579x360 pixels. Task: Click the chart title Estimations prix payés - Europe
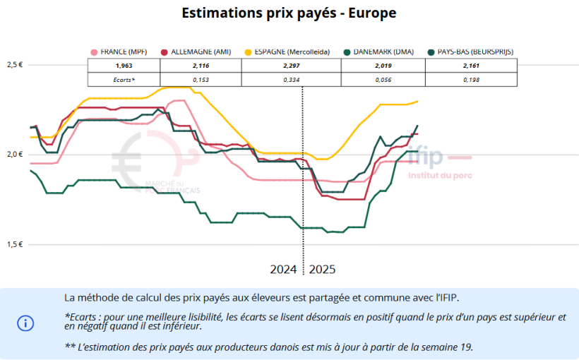(x=289, y=13)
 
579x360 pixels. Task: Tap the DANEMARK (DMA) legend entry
(x=382, y=52)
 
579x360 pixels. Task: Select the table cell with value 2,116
(x=201, y=65)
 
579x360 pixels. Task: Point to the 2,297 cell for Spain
(x=291, y=65)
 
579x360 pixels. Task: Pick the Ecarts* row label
(x=124, y=80)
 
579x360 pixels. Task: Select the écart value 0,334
(x=291, y=80)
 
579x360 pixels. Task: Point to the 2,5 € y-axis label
(x=16, y=65)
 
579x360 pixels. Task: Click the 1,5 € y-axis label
(x=16, y=244)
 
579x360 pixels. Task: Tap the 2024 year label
(x=284, y=270)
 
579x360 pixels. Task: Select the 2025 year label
(x=322, y=270)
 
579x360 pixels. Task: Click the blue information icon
(x=25, y=323)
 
